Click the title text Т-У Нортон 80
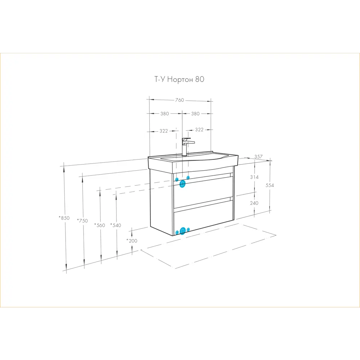(x=179, y=79)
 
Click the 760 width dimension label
(x=180, y=100)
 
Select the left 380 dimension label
(x=165, y=114)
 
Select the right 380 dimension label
(x=195, y=114)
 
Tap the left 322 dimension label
(x=164, y=131)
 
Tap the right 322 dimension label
(x=199, y=130)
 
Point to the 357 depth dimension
(x=258, y=157)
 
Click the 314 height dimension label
(x=255, y=177)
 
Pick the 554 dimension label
(x=270, y=185)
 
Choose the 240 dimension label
(x=254, y=203)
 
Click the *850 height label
(x=64, y=218)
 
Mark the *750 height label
(x=82, y=221)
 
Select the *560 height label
(x=100, y=225)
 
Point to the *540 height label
(x=116, y=225)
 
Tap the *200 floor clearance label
(x=132, y=240)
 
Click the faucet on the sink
(x=186, y=147)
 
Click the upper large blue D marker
(x=182, y=184)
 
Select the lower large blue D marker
(x=183, y=231)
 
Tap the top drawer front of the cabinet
(x=203, y=192)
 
